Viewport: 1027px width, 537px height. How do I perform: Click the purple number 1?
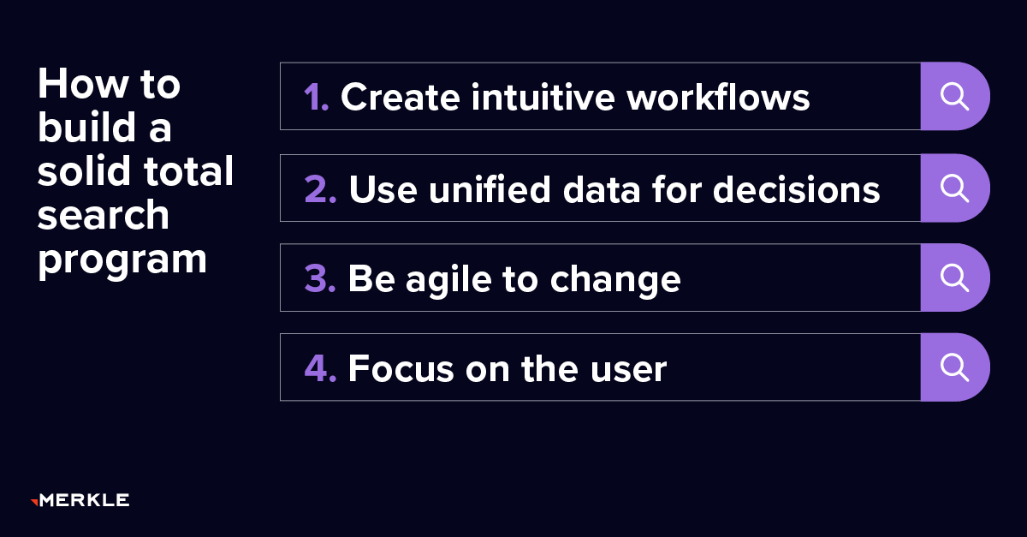point(315,98)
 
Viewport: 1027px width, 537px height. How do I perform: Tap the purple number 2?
point(320,189)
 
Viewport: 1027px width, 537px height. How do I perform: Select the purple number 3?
point(320,279)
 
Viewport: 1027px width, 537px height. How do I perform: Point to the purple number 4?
point(320,368)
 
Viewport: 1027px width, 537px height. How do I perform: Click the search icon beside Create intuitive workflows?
point(954,96)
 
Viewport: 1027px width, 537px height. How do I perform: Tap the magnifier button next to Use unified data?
point(954,188)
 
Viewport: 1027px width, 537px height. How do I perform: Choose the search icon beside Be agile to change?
point(954,277)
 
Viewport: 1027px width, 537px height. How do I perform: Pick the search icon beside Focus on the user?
point(954,367)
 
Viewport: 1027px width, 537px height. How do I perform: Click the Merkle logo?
point(80,500)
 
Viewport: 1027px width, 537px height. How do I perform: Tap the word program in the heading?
point(122,259)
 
